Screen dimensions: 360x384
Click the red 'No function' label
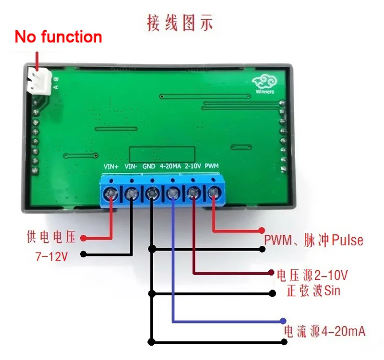click(x=58, y=37)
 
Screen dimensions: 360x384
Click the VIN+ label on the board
click(x=111, y=167)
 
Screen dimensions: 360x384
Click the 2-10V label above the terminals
click(x=193, y=167)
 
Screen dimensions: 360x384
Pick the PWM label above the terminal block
click(x=212, y=167)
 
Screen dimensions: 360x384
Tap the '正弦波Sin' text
click(x=312, y=291)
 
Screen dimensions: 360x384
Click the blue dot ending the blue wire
click(x=284, y=321)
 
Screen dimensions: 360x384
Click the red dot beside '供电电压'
click(x=83, y=238)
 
